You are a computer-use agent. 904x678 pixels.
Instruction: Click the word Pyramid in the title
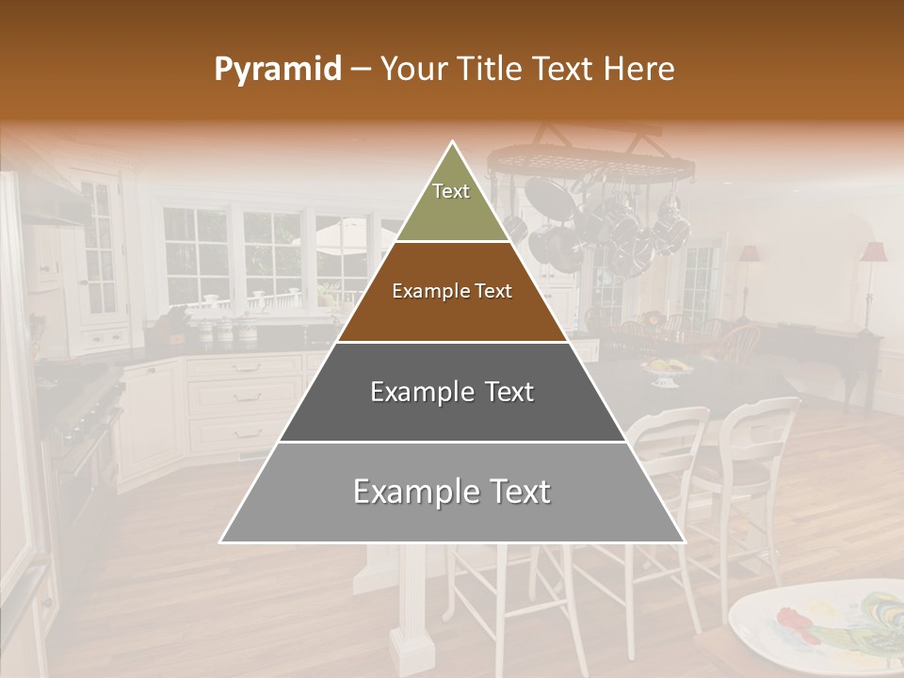click(x=277, y=70)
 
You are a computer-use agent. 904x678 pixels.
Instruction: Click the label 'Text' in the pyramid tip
click(x=451, y=191)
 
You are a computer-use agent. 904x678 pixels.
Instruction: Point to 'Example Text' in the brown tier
click(x=452, y=291)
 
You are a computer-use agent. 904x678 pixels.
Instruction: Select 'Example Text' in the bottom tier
click(x=452, y=492)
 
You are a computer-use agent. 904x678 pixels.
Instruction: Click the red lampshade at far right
click(x=873, y=251)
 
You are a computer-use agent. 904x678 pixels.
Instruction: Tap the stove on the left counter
click(x=89, y=414)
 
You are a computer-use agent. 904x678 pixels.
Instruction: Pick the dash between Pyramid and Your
click(x=361, y=70)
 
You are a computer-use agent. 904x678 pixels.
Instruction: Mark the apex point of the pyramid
click(x=453, y=142)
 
